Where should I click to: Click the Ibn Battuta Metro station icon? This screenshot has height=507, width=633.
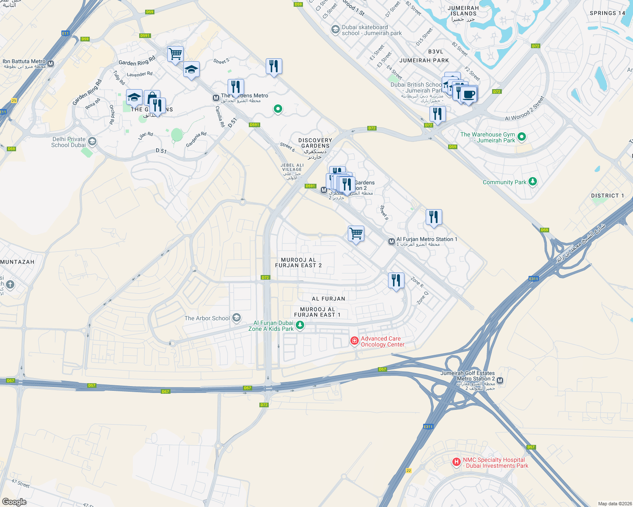click(x=51, y=64)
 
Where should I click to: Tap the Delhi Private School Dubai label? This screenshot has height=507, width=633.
click(x=68, y=142)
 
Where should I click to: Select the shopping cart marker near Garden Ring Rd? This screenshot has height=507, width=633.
click(x=175, y=54)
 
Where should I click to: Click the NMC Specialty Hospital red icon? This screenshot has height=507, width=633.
click(x=456, y=462)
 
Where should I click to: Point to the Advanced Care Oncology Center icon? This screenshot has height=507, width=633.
click(x=355, y=341)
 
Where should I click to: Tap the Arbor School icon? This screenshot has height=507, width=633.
click(x=237, y=318)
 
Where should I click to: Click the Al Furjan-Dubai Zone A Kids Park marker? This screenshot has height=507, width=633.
click(x=300, y=325)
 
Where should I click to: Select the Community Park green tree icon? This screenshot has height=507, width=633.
click(x=533, y=182)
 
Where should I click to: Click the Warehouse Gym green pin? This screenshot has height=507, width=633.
click(x=522, y=136)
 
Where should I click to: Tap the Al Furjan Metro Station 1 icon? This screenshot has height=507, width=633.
click(x=391, y=241)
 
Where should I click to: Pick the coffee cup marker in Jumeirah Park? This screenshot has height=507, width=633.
click(x=469, y=94)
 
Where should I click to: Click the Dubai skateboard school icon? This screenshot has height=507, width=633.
click(x=335, y=30)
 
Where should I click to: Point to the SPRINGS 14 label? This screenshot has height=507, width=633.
click(x=607, y=13)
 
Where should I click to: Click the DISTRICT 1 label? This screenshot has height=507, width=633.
click(x=607, y=196)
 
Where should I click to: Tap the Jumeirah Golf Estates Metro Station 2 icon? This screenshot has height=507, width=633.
click(x=500, y=381)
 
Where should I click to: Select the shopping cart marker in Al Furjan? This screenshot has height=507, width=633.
click(x=356, y=233)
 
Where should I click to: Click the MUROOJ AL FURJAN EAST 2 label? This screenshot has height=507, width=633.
click(x=298, y=262)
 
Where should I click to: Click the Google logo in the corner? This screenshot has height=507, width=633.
click(x=14, y=502)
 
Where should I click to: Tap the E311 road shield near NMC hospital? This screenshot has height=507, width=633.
click(x=428, y=427)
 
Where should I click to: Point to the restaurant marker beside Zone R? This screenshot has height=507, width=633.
click(x=396, y=280)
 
